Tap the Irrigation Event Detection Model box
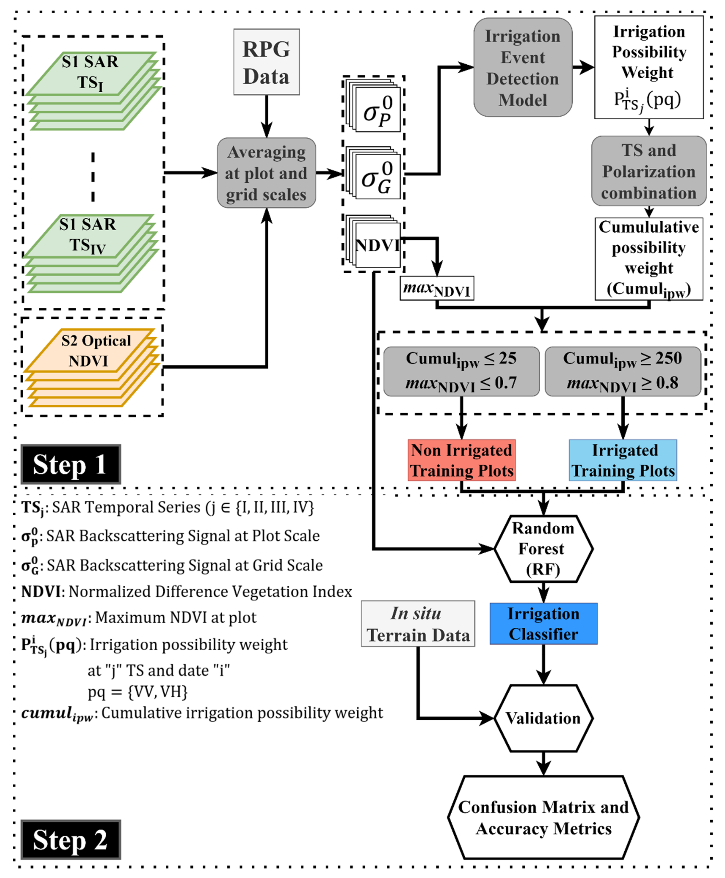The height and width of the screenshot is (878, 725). click(x=522, y=67)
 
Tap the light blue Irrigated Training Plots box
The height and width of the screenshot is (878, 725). click(x=623, y=460)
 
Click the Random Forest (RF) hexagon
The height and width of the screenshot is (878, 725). click(x=543, y=549)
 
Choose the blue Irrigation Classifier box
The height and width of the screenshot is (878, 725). click(x=543, y=624)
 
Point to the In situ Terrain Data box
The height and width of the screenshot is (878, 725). click(x=418, y=624)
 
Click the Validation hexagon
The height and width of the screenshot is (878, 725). click(x=543, y=718)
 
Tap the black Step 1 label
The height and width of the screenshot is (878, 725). click(x=70, y=464)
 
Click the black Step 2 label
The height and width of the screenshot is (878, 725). click(x=70, y=840)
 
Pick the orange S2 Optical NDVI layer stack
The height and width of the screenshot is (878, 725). click(x=92, y=368)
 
